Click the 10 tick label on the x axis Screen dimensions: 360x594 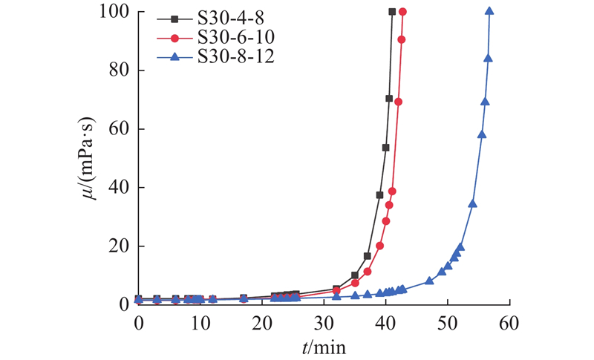200,323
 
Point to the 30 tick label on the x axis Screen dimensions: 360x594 324,323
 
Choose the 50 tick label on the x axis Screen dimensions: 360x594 447,323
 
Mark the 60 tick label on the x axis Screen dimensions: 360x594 509,323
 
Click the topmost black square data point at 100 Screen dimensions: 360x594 392,12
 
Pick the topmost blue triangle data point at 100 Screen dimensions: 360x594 489,11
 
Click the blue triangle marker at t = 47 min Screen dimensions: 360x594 429,281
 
